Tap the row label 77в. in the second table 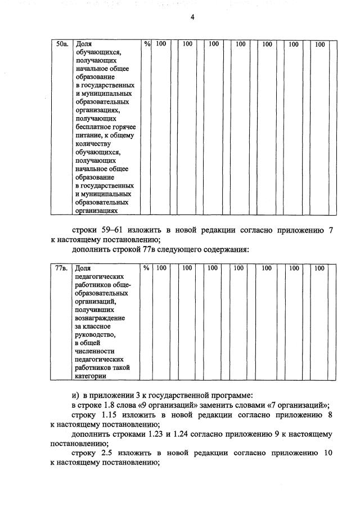(x=62, y=269)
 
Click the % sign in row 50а (x=147, y=43)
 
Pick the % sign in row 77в (x=146, y=269)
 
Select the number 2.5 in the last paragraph (x=109, y=453)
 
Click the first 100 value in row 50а (x=161, y=43)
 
